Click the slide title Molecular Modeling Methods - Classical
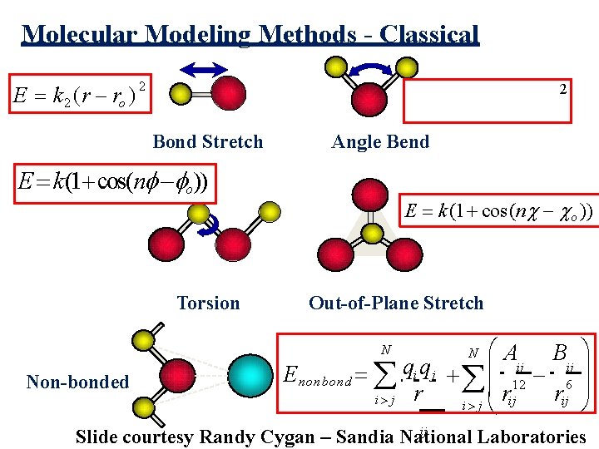click(x=251, y=35)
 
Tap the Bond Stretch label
click(x=208, y=142)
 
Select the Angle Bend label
click(x=380, y=142)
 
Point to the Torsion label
click(x=208, y=303)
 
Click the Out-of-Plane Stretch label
click(x=396, y=303)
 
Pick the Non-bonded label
click(x=78, y=382)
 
